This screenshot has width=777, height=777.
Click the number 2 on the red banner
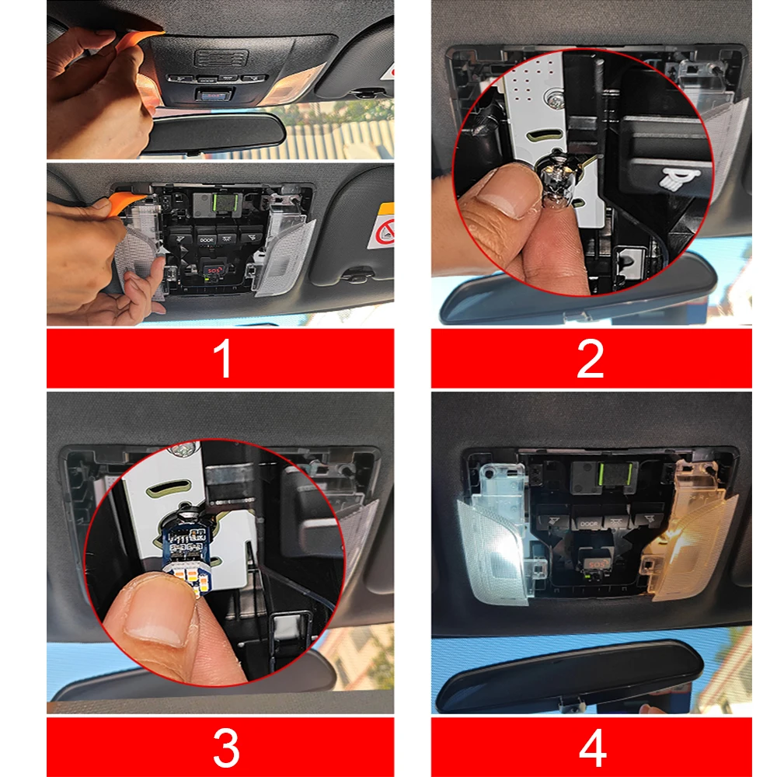click(x=591, y=359)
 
